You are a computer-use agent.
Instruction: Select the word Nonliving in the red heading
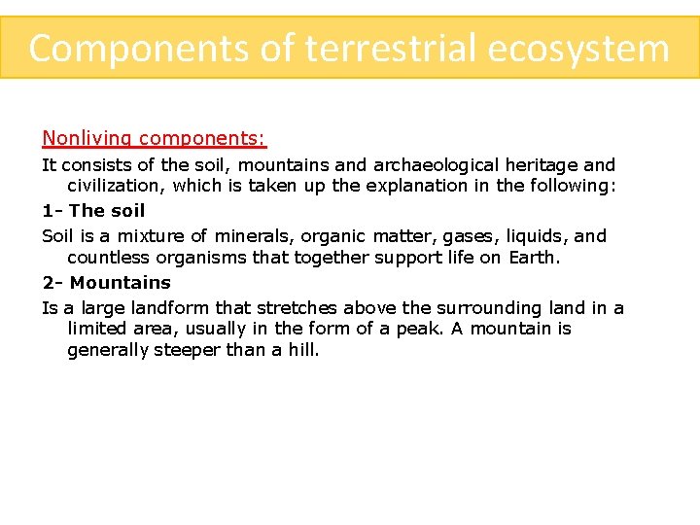coord(88,139)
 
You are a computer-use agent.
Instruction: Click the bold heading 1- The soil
coord(93,211)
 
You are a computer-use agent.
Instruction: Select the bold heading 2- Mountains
coord(106,283)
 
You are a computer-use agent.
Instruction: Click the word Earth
coord(533,258)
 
